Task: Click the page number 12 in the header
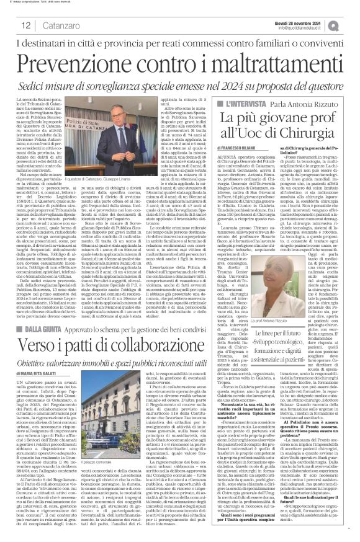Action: point(27,25)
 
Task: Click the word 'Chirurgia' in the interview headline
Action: point(307,131)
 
